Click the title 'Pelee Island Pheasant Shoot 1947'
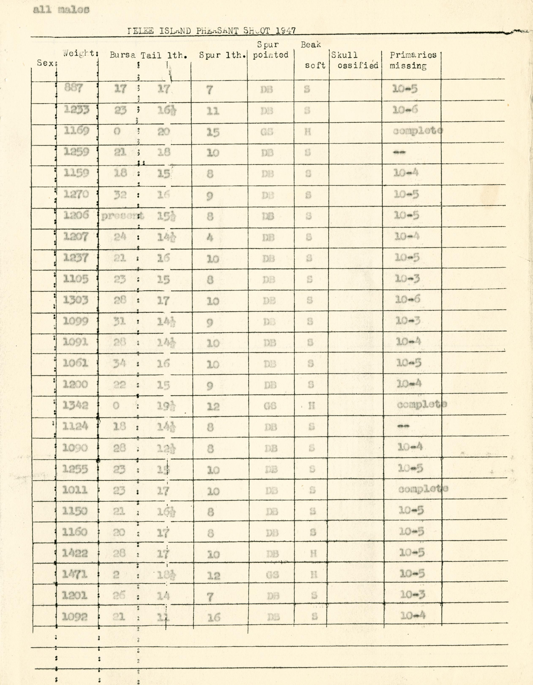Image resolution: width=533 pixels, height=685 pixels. [x=211, y=31]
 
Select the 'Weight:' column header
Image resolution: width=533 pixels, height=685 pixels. [x=80, y=53]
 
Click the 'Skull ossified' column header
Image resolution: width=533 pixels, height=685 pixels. [x=355, y=60]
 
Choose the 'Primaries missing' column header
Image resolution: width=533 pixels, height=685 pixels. [x=413, y=60]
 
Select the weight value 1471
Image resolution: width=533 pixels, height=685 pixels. [x=75, y=574]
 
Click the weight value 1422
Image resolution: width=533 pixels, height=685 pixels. [x=75, y=553]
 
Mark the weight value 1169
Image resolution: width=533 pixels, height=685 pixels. [x=76, y=130]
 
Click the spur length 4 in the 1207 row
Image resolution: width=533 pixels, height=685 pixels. [x=209, y=237]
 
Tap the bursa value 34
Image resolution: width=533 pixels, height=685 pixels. [x=119, y=363]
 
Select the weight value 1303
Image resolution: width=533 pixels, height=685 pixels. [x=76, y=300]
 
